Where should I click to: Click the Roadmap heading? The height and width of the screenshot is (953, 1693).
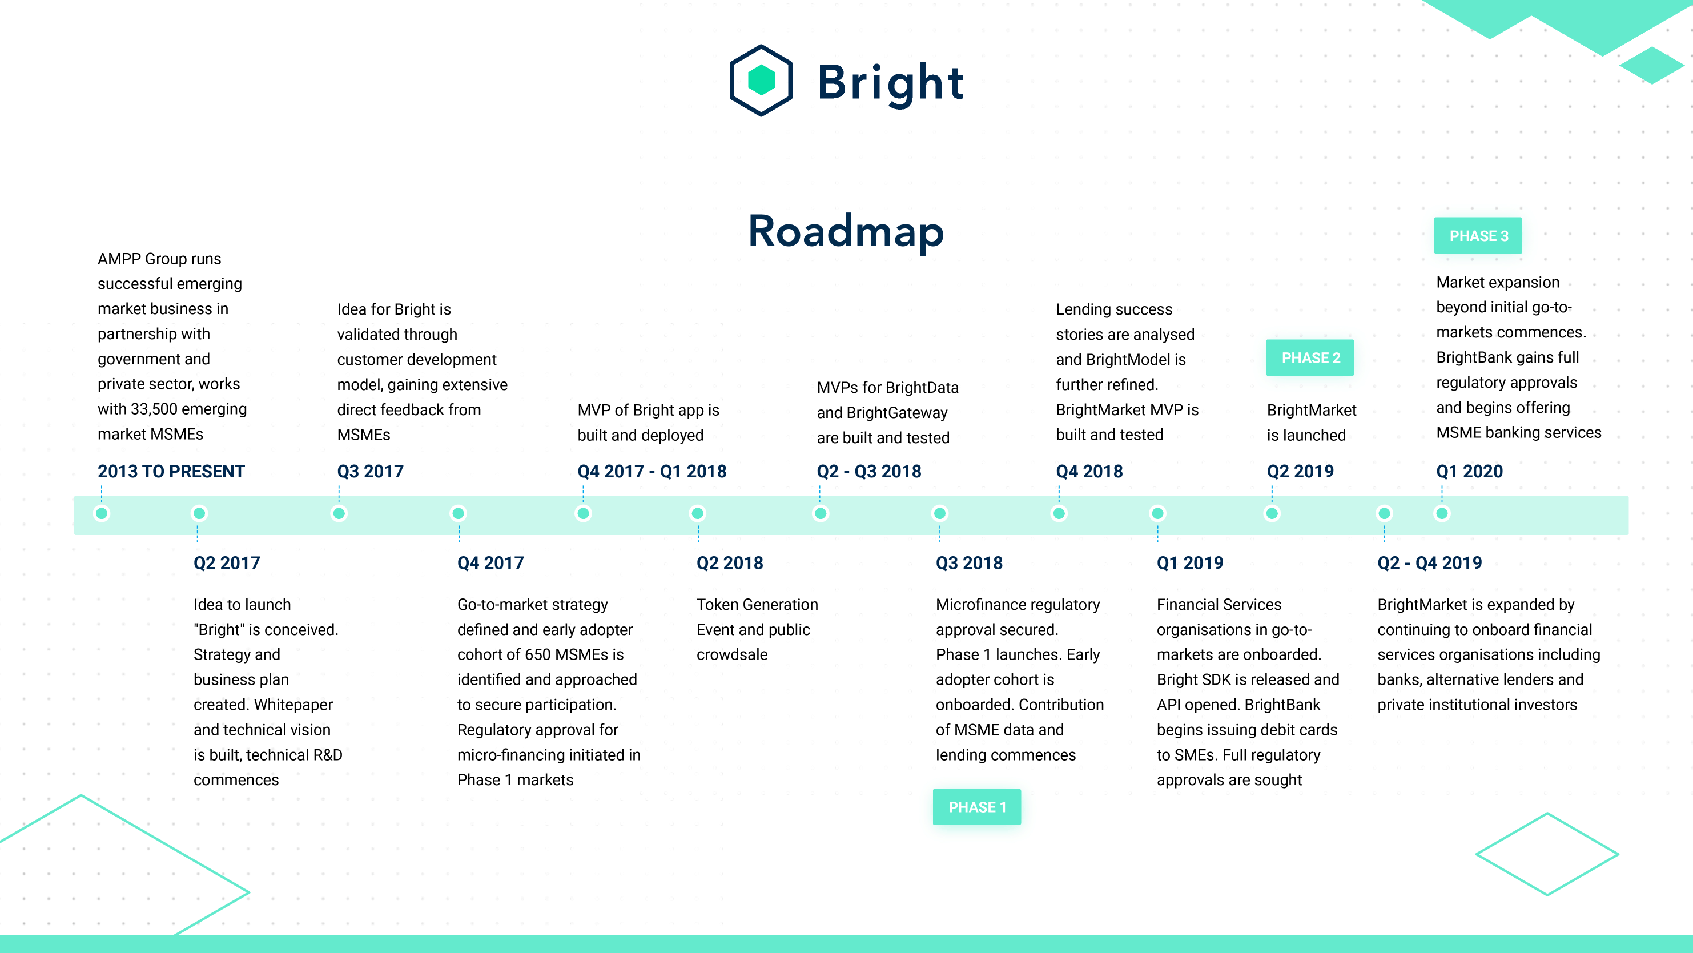click(846, 231)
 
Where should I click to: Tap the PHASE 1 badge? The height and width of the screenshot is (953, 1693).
click(976, 807)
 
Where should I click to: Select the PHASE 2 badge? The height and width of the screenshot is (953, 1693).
click(1310, 357)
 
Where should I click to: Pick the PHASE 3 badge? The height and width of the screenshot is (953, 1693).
click(1478, 235)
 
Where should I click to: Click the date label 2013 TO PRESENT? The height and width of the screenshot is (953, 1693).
click(171, 471)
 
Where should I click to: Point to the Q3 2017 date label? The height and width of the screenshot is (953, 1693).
click(370, 471)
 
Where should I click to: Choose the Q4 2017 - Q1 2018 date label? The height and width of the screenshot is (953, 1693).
click(652, 471)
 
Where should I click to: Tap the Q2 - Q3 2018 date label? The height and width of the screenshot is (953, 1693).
click(869, 471)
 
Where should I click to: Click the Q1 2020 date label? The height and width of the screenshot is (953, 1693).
click(1470, 471)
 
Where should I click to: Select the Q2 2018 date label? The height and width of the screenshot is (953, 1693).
click(730, 562)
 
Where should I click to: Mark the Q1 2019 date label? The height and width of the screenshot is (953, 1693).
click(1189, 562)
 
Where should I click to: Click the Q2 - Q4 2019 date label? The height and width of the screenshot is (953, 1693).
click(1429, 562)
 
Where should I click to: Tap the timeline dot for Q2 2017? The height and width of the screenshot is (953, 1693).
click(199, 513)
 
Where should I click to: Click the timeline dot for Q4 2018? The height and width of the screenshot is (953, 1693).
click(1059, 513)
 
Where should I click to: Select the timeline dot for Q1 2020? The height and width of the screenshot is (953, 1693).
click(1442, 513)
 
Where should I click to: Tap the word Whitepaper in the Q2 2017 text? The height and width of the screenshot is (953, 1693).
click(294, 705)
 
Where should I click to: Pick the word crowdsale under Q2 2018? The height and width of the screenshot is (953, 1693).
click(731, 654)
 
